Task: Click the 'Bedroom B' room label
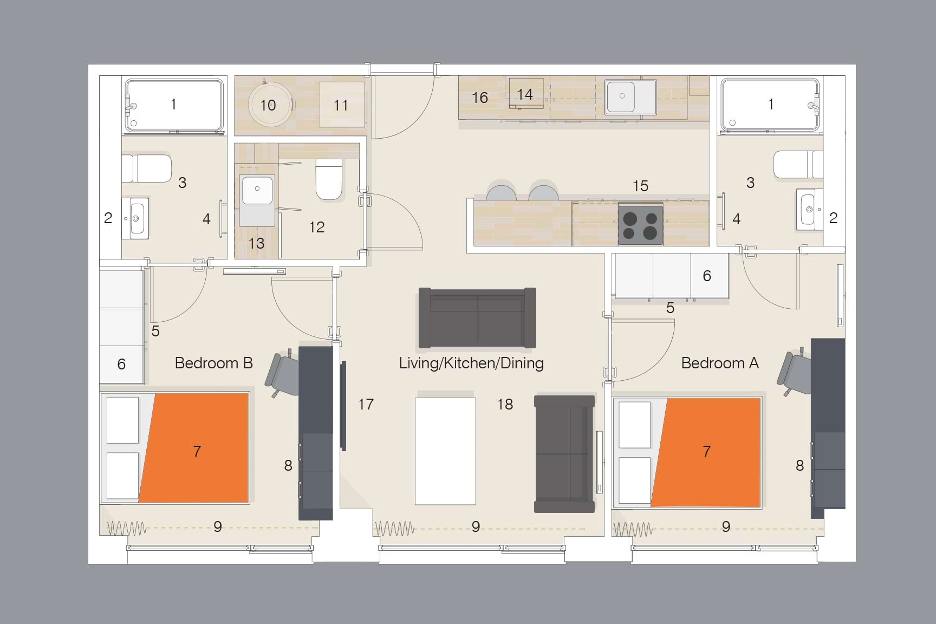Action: click(213, 363)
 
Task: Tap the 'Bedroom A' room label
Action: click(719, 363)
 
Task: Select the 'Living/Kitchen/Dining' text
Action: click(471, 363)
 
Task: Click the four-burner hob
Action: click(640, 225)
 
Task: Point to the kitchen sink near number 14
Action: click(631, 97)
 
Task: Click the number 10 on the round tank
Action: click(268, 105)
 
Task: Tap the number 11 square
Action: click(341, 105)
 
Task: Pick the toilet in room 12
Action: click(329, 179)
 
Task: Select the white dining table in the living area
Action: click(445, 451)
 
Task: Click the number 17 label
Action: click(366, 404)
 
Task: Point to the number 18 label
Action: click(505, 404)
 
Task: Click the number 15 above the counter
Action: click(640, 186)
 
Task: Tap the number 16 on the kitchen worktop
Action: click(479, 97)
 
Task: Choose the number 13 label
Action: click(256, 243)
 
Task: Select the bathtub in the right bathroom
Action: click(770, 105)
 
